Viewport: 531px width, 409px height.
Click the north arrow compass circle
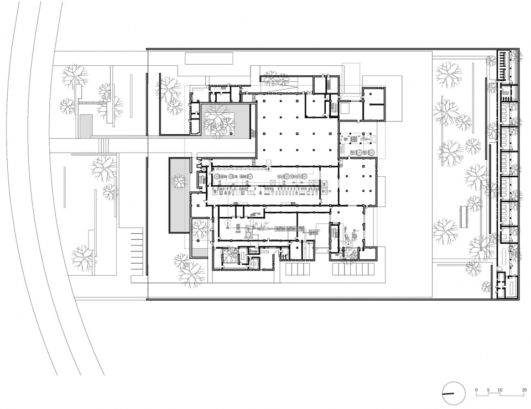452,392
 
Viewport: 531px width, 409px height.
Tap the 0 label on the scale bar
477,390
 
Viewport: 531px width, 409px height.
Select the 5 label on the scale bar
488,390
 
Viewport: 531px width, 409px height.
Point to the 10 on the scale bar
500,390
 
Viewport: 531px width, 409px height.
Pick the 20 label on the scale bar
523,390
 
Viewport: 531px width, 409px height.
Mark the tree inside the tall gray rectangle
179,181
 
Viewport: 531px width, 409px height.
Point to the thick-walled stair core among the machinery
335,235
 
